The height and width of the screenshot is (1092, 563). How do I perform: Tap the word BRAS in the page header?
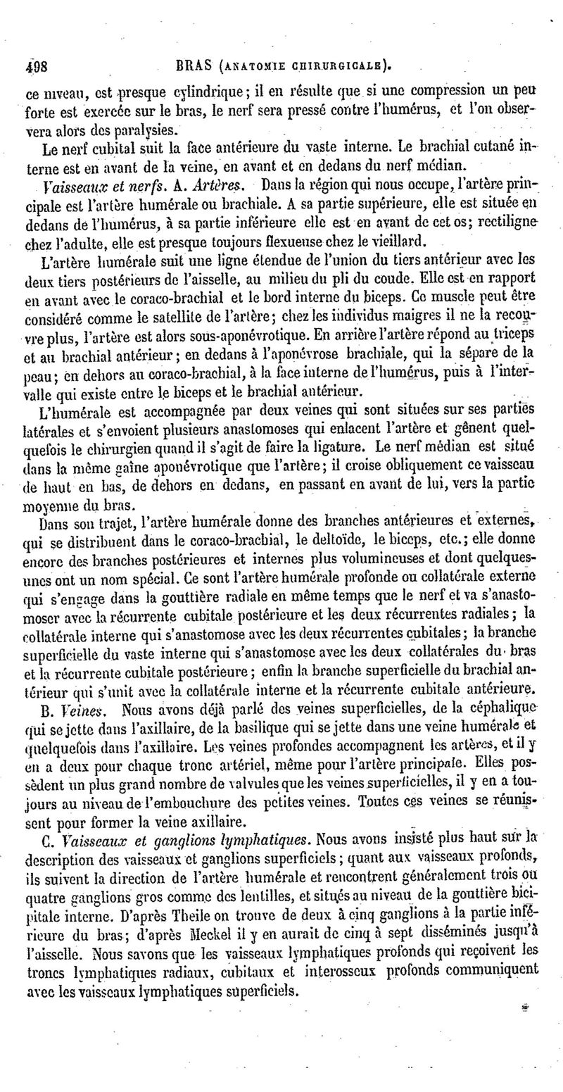pos(191,68)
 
